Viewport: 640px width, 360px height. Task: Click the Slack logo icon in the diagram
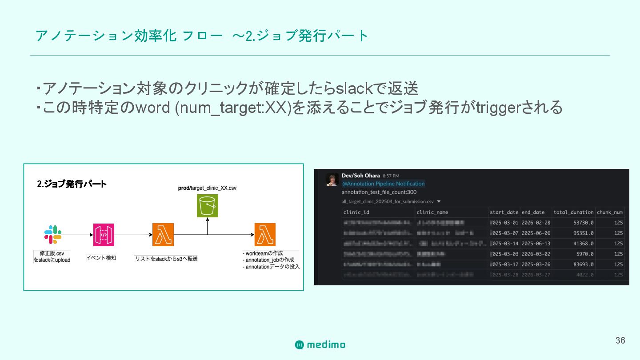coord(53,235)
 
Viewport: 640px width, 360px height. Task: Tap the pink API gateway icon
coord(104,235)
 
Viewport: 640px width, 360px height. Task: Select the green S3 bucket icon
coord(207,206)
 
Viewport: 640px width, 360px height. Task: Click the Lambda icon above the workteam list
coord(265,235)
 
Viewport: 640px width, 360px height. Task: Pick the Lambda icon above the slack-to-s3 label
coord(163,235)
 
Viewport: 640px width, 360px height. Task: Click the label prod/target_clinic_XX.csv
coord(207,188)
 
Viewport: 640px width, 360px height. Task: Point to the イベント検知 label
coord(101,258)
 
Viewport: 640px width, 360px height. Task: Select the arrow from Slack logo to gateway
coord(77,235)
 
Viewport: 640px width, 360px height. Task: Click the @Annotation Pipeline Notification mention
coord(383,184)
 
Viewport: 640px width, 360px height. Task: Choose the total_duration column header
coord(573,212)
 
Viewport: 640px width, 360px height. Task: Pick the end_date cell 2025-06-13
coord(536,244)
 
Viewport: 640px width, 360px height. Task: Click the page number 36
coord(620,340)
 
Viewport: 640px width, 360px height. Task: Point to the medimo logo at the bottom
coord(320,344)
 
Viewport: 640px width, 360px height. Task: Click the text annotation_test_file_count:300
coord(379,192)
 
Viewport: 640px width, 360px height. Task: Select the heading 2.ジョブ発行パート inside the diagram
coord(72,184)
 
